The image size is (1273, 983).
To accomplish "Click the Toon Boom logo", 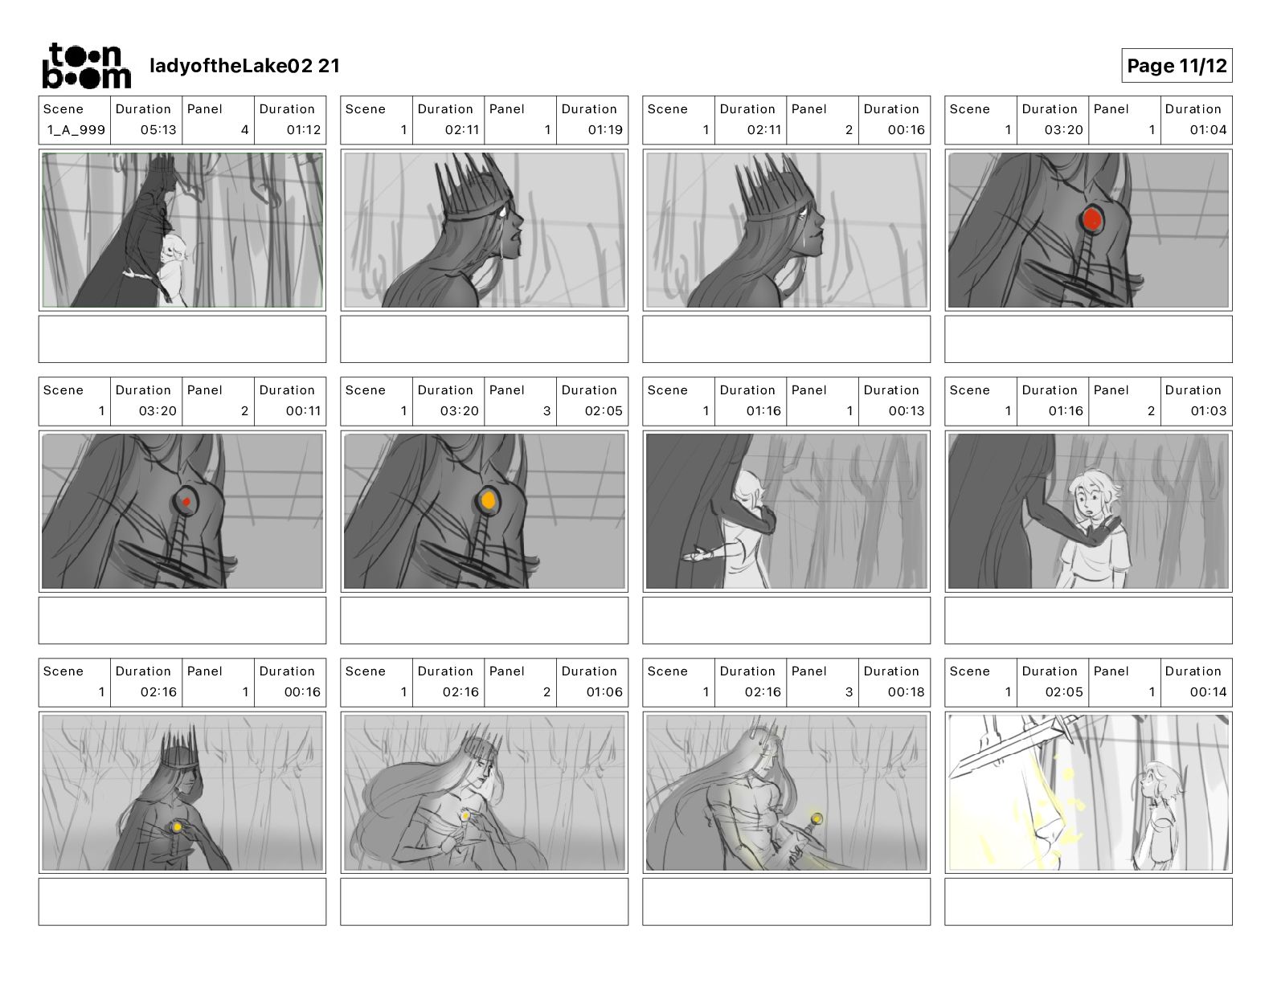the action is point(87,66).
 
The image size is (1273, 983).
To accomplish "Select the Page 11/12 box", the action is point(1177,66).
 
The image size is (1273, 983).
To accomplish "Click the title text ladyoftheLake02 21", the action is point(245,66).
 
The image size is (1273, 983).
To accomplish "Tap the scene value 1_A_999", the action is point(76,130).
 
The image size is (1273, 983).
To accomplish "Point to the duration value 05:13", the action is point(158,130).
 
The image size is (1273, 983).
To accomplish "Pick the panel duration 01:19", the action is point(605,130).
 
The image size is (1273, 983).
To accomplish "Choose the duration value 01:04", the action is point(1208,130).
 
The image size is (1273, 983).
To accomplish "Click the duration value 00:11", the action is point(304,411).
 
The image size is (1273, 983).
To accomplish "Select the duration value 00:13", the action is point(907,411).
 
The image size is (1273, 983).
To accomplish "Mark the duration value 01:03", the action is point(1208,411).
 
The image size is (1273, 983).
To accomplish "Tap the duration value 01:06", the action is point(604,692).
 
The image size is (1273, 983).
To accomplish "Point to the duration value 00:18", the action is point(906,692).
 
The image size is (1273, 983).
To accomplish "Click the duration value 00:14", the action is point(1208,692).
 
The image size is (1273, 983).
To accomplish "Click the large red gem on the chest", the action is point(1091,219).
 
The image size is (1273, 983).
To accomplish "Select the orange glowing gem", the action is point(488,500).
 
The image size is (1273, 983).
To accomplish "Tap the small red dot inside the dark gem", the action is point(186,502).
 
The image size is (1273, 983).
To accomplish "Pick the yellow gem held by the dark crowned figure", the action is point(177,827).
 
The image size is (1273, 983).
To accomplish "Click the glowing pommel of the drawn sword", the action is point(817,818).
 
